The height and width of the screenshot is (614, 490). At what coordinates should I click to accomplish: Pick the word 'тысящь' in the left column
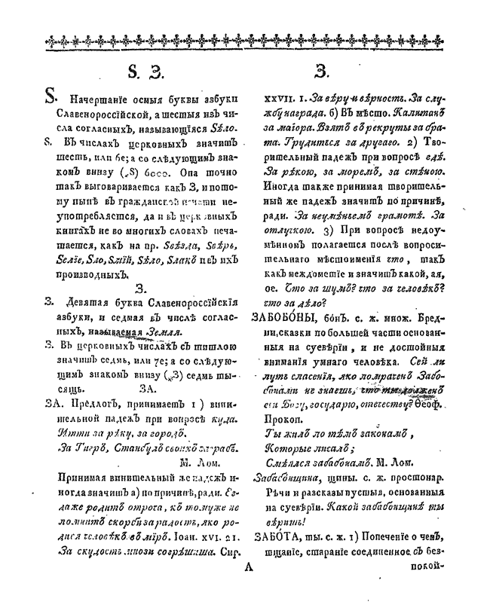coord(66,390)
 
